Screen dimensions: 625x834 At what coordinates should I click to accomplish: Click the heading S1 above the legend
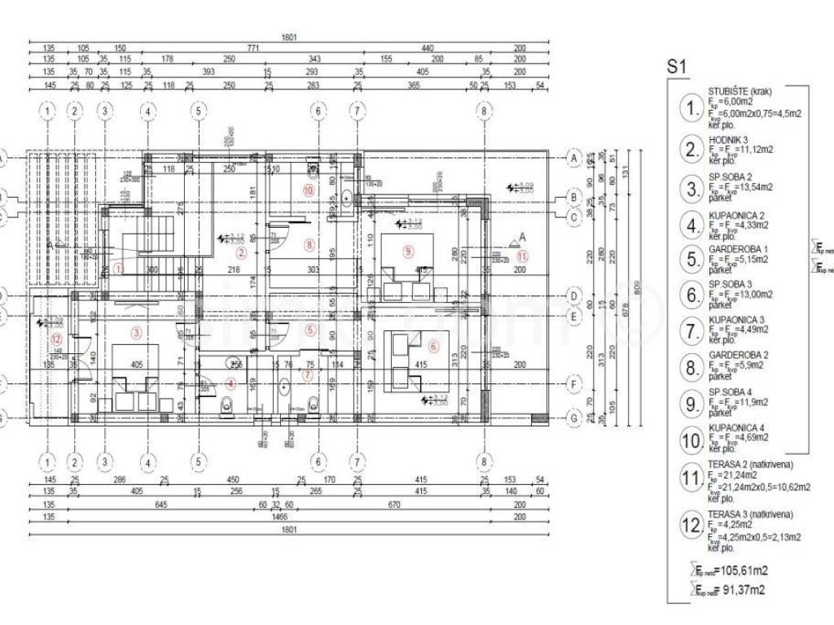tap(678, 68)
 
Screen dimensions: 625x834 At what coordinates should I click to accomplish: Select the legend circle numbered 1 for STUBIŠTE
tap(691, 109)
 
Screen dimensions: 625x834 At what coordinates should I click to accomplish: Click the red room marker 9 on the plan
tap(408, 251)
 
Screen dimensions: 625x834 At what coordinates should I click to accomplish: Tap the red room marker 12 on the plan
tap(56, 339)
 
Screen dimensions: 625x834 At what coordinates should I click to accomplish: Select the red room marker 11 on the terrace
tap(523, 256)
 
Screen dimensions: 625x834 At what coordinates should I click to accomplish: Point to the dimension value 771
tap(253, 48)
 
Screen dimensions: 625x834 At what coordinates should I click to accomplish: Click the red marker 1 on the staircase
tap(119, 266)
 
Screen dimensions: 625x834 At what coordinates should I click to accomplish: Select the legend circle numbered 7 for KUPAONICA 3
tap(691, 330)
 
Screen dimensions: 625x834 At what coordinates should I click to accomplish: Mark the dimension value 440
tap(428, 48)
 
